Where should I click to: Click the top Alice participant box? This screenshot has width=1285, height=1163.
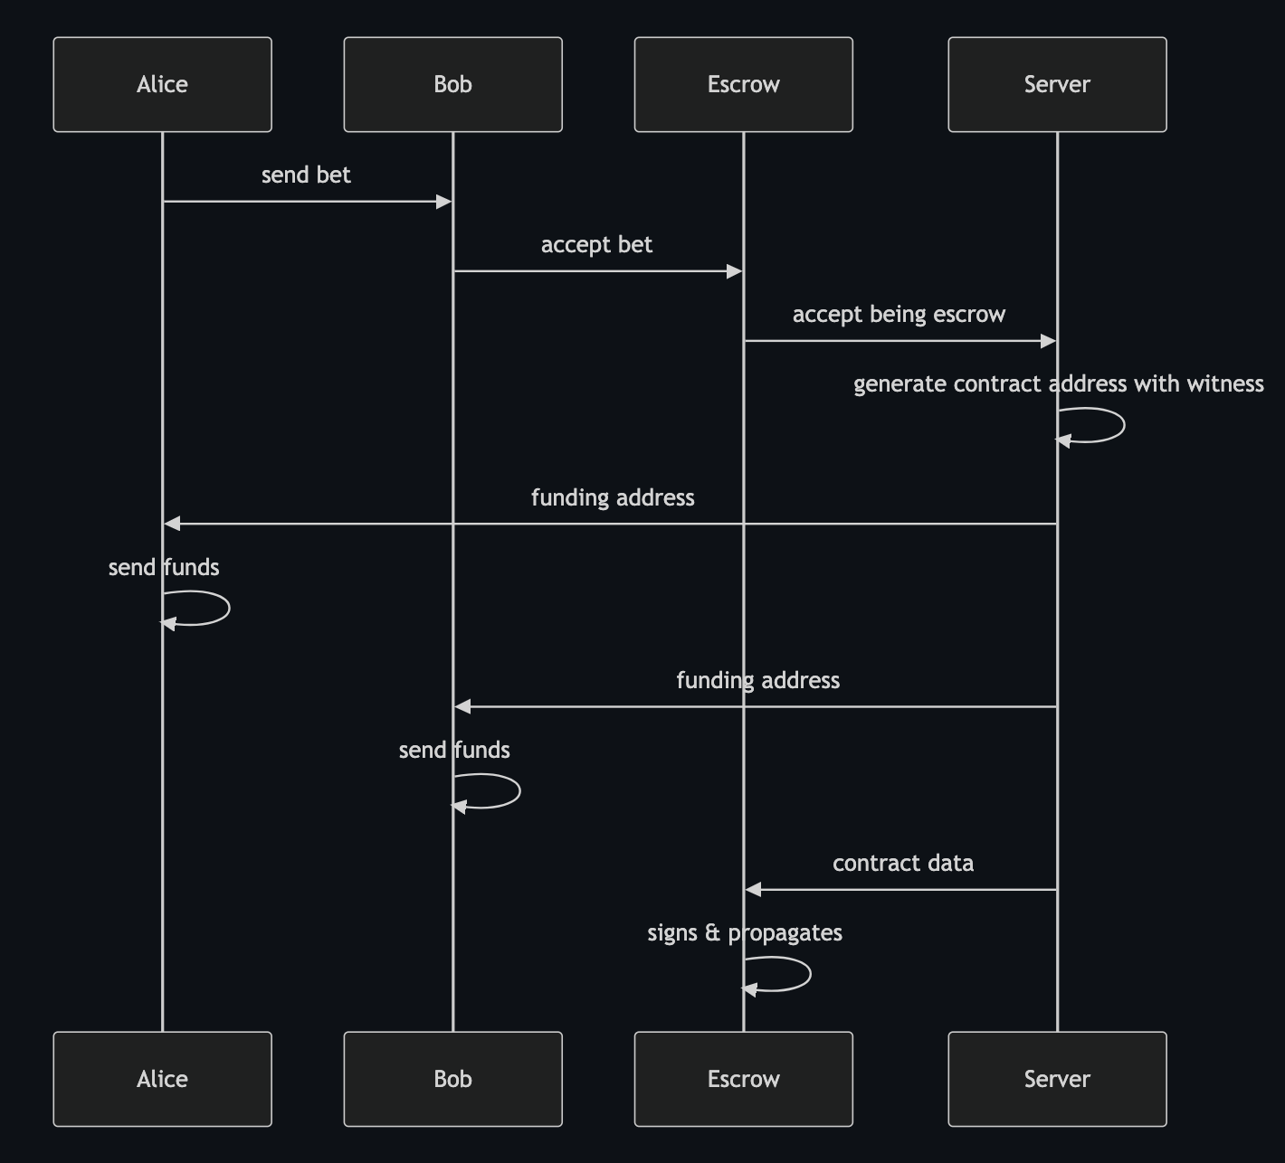(x=162, y=84)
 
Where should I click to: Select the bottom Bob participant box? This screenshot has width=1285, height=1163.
(x=452, y=1079)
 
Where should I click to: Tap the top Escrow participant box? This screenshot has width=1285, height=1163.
(x=743, y=84)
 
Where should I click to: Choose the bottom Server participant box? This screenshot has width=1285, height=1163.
(x=1057, y=1079)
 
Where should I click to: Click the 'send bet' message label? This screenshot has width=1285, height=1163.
(x=306, y=175)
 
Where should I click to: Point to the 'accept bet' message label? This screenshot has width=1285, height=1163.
(x=596, y=244)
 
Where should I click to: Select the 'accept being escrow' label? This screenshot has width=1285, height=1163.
(x=899, y=314)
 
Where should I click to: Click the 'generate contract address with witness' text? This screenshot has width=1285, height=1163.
(x=1059, y=383)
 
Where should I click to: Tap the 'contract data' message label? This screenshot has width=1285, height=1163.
(x=903, y=863)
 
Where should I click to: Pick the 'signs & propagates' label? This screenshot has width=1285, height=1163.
(x=745, y=932)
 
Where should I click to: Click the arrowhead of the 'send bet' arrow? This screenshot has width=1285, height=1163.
(x=444, y=202)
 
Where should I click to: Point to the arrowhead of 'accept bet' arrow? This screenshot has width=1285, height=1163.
(x=735, y=271)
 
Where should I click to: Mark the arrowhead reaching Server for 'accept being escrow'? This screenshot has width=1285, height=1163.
(x=1049, y=341)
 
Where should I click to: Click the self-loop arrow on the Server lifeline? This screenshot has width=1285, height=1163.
(x=1122, y=425)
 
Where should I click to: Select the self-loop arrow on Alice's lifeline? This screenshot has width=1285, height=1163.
(x=228, y=608)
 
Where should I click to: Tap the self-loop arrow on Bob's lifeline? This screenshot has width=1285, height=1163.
(x=519, y=791)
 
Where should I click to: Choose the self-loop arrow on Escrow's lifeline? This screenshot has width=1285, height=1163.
(x=809, y=974)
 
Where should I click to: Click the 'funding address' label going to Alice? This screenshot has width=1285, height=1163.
(x=613, y=497)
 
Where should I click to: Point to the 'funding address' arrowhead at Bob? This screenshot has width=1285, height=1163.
(x=462, y=706)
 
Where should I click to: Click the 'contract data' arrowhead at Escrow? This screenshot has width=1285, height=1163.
(x=753, y=890)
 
